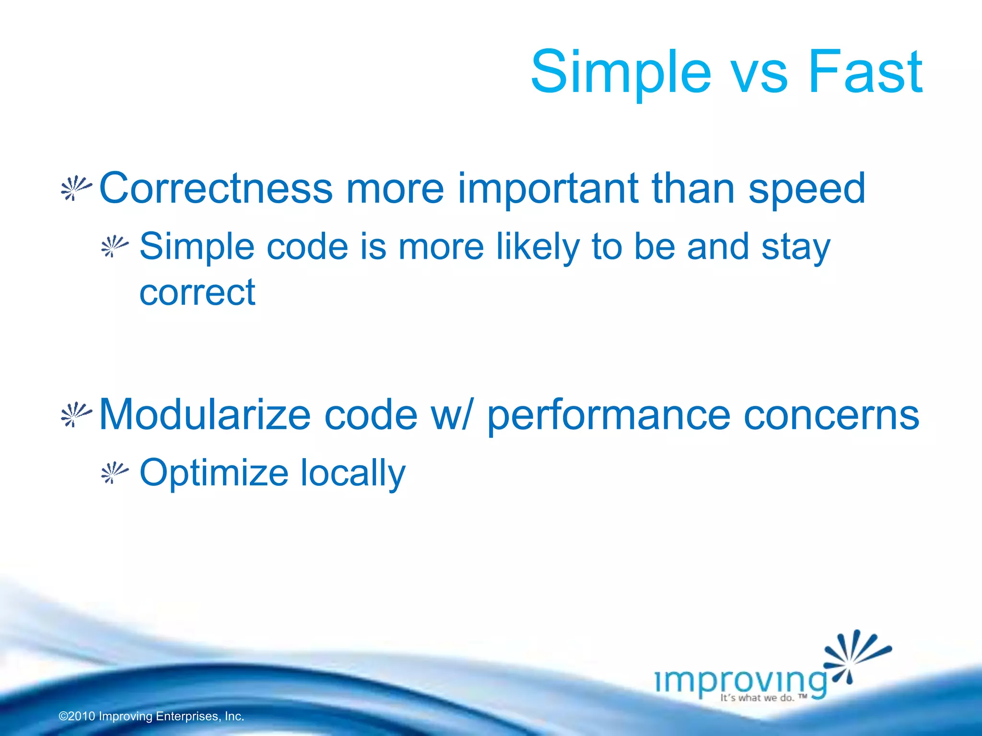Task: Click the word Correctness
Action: [216, 188]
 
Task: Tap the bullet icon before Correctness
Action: [76, 188]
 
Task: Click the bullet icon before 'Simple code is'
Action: [115, 247]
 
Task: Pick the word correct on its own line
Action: [197, 292]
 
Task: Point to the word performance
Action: [608, 416]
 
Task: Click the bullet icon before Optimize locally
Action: [115, 473]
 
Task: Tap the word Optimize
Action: [214, 473]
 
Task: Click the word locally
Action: [353, 473]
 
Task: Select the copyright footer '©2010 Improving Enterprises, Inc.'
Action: [152, 716]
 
